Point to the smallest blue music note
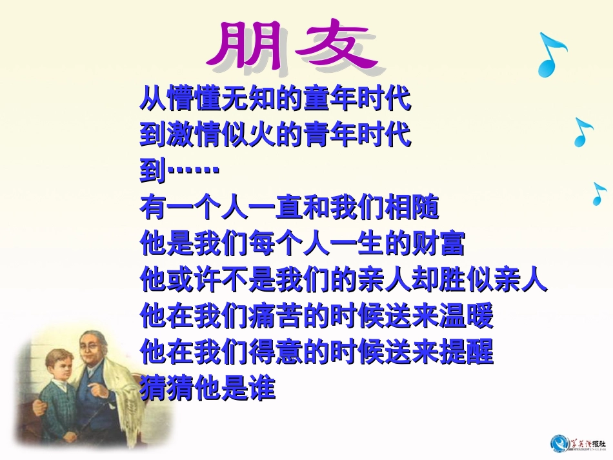point(599,194)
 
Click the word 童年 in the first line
point(330,101)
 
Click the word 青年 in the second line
point(330,136)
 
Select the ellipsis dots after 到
point(194,171)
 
